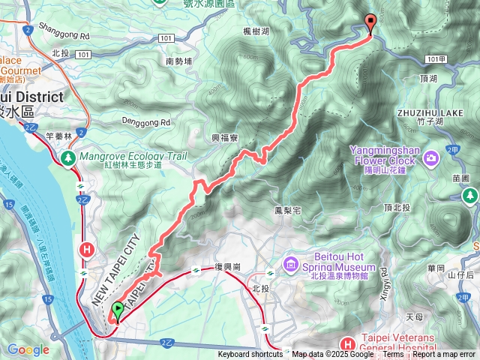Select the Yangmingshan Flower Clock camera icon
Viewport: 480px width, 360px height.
(x=431, y=157)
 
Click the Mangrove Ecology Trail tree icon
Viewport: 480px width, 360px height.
(x=68, y=157)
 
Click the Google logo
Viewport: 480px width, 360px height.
(x=28, y=349)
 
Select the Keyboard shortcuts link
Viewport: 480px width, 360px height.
(x=250, y=355)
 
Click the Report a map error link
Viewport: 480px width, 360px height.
(x=444, y=355)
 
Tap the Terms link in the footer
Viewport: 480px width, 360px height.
(x=393, y=355)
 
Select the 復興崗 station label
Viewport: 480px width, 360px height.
(x=226, y=267)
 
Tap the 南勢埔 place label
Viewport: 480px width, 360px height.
(x=179, y=61)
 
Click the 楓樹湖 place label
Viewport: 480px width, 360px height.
(x=256, y=30)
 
